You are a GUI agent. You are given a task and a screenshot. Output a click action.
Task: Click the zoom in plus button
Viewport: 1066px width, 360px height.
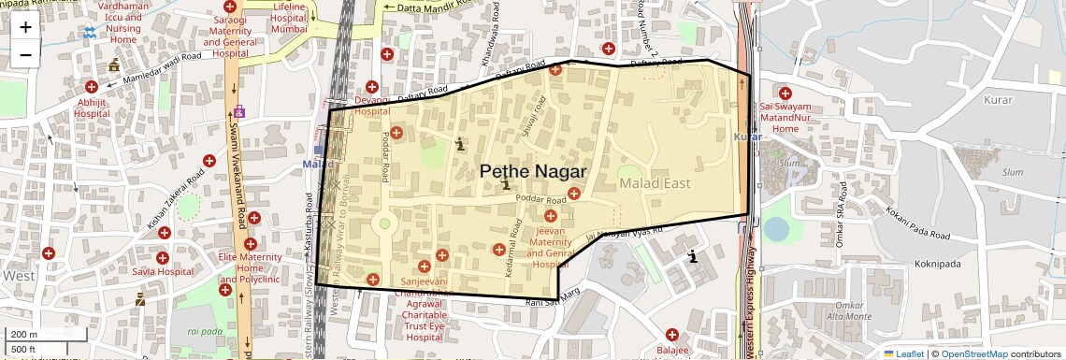point(25,26)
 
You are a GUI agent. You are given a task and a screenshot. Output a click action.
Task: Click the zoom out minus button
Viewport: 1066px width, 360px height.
point(25,54)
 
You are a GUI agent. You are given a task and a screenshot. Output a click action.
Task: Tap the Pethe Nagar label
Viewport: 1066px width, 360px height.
point(532,171)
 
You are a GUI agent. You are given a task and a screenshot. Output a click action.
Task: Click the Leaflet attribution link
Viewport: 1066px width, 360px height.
point(904,353)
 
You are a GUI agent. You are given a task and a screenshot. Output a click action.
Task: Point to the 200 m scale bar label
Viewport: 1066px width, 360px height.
point(24,335)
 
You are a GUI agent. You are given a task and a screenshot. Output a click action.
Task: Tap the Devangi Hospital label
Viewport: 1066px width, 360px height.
point(371,106)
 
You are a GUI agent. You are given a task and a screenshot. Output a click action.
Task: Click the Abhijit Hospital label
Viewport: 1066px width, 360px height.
point(93,108)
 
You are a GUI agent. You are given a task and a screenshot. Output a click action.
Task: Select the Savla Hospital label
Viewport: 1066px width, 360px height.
point(162,272)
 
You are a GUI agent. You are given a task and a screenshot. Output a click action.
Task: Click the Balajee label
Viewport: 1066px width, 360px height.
point(672,351)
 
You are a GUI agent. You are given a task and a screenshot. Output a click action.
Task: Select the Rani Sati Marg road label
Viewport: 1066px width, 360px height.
point(554,302)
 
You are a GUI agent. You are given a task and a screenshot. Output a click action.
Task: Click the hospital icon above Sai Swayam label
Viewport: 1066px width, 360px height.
point(785,93)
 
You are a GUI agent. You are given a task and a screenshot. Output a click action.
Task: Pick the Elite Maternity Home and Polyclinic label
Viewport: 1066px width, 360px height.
point(250,268)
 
